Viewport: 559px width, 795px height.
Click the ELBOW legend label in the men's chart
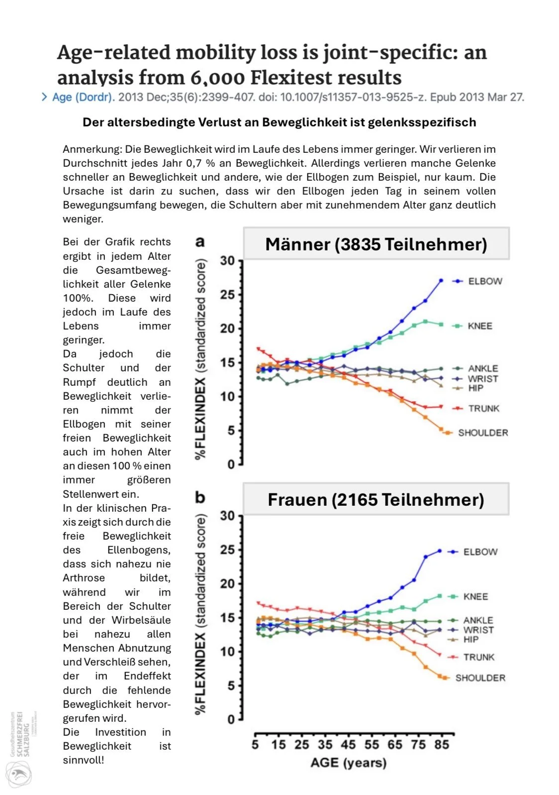coord(485,281)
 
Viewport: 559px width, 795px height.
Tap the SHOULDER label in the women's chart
coord(480,678)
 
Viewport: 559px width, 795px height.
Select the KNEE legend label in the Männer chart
coord(479,326)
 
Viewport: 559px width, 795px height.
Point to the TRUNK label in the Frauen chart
coord(478,657)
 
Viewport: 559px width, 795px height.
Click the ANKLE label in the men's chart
coord(482,368)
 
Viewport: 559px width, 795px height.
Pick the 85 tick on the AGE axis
coord(441,745)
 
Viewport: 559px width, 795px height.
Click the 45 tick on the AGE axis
coord(348,745)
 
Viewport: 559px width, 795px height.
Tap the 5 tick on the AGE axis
coord(255,745)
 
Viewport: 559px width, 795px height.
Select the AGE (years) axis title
coord(348,763)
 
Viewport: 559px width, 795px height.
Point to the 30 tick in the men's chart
coord(227,260)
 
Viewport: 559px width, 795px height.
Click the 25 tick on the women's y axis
coord(227,550)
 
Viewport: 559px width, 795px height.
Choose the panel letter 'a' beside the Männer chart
coord(200,242)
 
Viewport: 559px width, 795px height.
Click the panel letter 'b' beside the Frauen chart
coord(200,497)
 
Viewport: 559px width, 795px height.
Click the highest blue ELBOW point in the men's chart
coord(441,281)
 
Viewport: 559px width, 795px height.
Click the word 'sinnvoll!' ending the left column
coord(84,760)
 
